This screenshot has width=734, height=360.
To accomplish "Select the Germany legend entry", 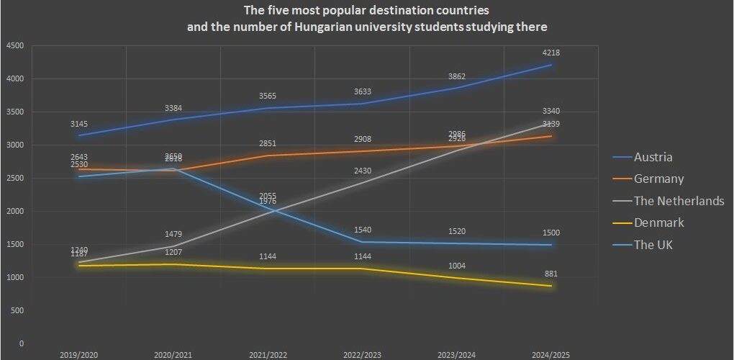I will click(x=658, y=179).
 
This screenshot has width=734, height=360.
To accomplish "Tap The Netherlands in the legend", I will click(x=679, y=201).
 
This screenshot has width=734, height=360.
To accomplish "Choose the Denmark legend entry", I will click(x=658, y=222).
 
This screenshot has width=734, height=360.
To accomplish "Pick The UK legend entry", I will click(x=653, y=245).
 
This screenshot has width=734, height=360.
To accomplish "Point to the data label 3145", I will click(x=79, y=123).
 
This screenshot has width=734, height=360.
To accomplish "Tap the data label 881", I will click(x=551, y=274).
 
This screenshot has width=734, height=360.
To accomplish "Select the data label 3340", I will click(x=551, y=111).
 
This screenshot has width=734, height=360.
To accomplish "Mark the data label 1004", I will click(x=457, y=266).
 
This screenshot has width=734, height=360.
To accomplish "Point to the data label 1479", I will click(x=173, y=234).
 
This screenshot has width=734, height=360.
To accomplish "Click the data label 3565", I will click(x=268, y=96).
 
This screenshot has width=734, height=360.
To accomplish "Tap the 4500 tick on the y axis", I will click(x=15, y=46).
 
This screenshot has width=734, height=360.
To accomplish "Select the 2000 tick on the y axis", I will click(x=15, y=212).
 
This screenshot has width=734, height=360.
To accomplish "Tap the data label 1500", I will click(x=551, y=233).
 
